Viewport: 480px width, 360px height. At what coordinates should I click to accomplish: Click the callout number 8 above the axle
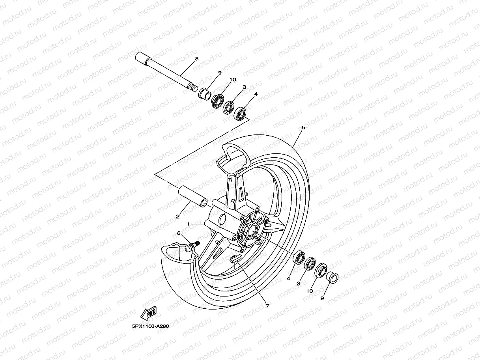coord(196,59)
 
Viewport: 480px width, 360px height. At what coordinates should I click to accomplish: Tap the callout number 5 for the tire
coord(303,127)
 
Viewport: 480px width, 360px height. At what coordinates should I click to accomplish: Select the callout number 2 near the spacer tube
coord(178,216)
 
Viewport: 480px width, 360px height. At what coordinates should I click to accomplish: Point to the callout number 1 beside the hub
coord(189,224)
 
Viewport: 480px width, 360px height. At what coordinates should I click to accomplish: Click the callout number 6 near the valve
coord(179,233)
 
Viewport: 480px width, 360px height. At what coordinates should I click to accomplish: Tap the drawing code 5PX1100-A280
coord(150,326)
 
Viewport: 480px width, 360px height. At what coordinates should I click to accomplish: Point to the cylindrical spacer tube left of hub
coord(193,196)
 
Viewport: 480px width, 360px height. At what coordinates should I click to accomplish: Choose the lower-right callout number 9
coord(322,298)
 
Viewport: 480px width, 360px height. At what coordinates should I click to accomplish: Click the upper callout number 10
coord(233,79)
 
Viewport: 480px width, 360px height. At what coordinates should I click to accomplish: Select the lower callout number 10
coord(310,291)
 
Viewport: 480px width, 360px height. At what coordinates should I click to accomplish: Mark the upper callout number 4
coord(256,94)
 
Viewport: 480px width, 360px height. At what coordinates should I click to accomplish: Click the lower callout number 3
coord(299,284)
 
